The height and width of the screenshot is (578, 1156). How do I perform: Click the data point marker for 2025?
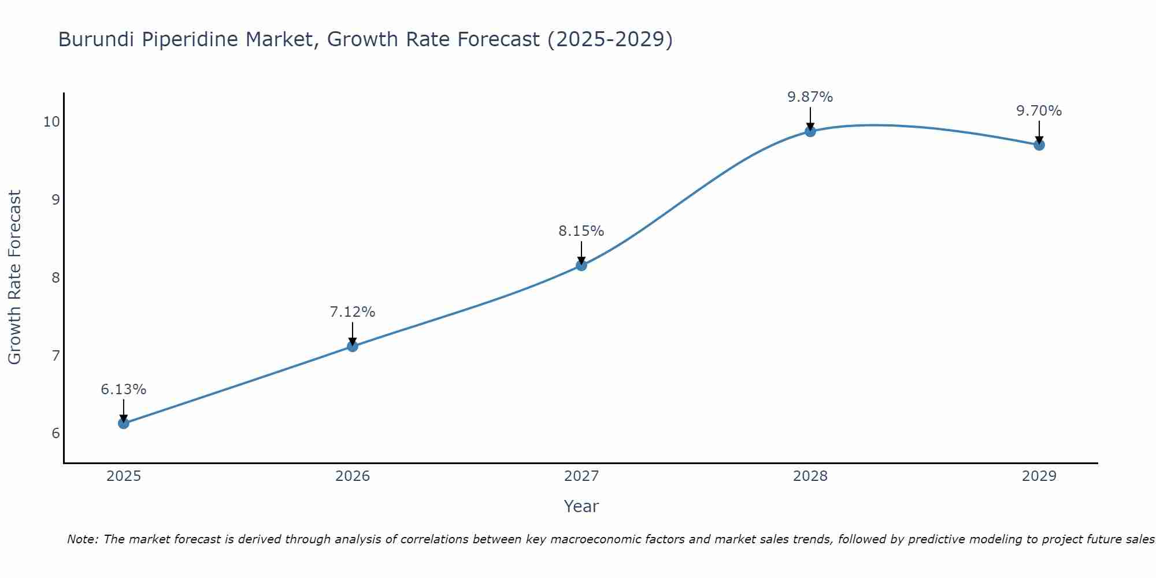[x=123, y=423]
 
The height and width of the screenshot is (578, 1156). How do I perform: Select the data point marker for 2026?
[x=353, y=346]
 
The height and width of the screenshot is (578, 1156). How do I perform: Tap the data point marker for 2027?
[x=581, y=265]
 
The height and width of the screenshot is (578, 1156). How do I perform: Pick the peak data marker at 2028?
[x=810, y=131]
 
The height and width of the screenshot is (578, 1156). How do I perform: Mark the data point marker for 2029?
[x=1039, y=144]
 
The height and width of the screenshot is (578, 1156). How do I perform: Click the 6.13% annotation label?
[x=123, y=390]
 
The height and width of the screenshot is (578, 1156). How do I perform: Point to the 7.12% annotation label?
[x=353, y=312]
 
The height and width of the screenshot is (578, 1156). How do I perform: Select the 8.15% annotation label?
[x=581, y=231]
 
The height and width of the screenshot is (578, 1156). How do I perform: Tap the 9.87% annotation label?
[x=810, y=97]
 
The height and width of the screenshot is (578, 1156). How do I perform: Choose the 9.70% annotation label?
[x=1039, y=111]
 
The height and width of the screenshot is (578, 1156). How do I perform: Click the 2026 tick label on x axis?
[x=353, y=476]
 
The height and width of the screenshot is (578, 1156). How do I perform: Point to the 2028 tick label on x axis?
[x=810, y=476]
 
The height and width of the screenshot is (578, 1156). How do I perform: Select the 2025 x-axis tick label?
[x=124, y=476]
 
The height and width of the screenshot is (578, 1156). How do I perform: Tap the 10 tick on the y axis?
[x=51, y=121]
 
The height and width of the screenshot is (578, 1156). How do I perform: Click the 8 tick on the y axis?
[x=55, y=277]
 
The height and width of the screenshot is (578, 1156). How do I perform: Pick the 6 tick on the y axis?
[x=55, y=433]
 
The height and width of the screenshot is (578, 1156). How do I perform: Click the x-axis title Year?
[x=581, y=506]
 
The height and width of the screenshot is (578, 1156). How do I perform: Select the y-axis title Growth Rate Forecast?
[x=14, y=277]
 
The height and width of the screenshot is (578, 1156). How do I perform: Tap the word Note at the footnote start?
[x=83, y=539]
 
